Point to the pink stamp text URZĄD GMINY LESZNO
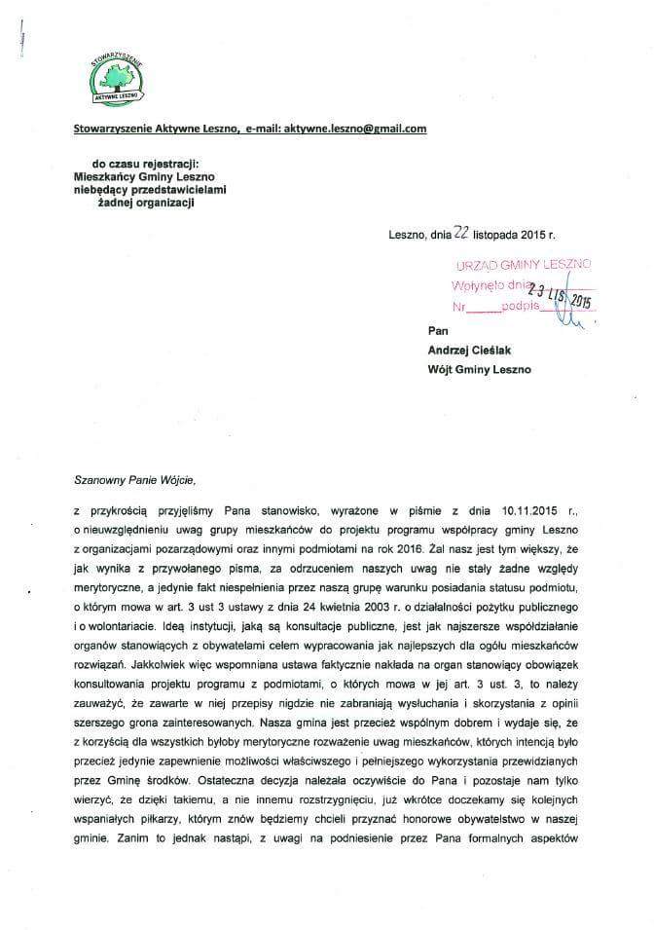pyautogui.click(x=523, y=265)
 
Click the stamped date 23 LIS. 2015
pyautogui.click(x=560, y=293)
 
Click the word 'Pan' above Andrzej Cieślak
pyautogui.click(x=438, y=331)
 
